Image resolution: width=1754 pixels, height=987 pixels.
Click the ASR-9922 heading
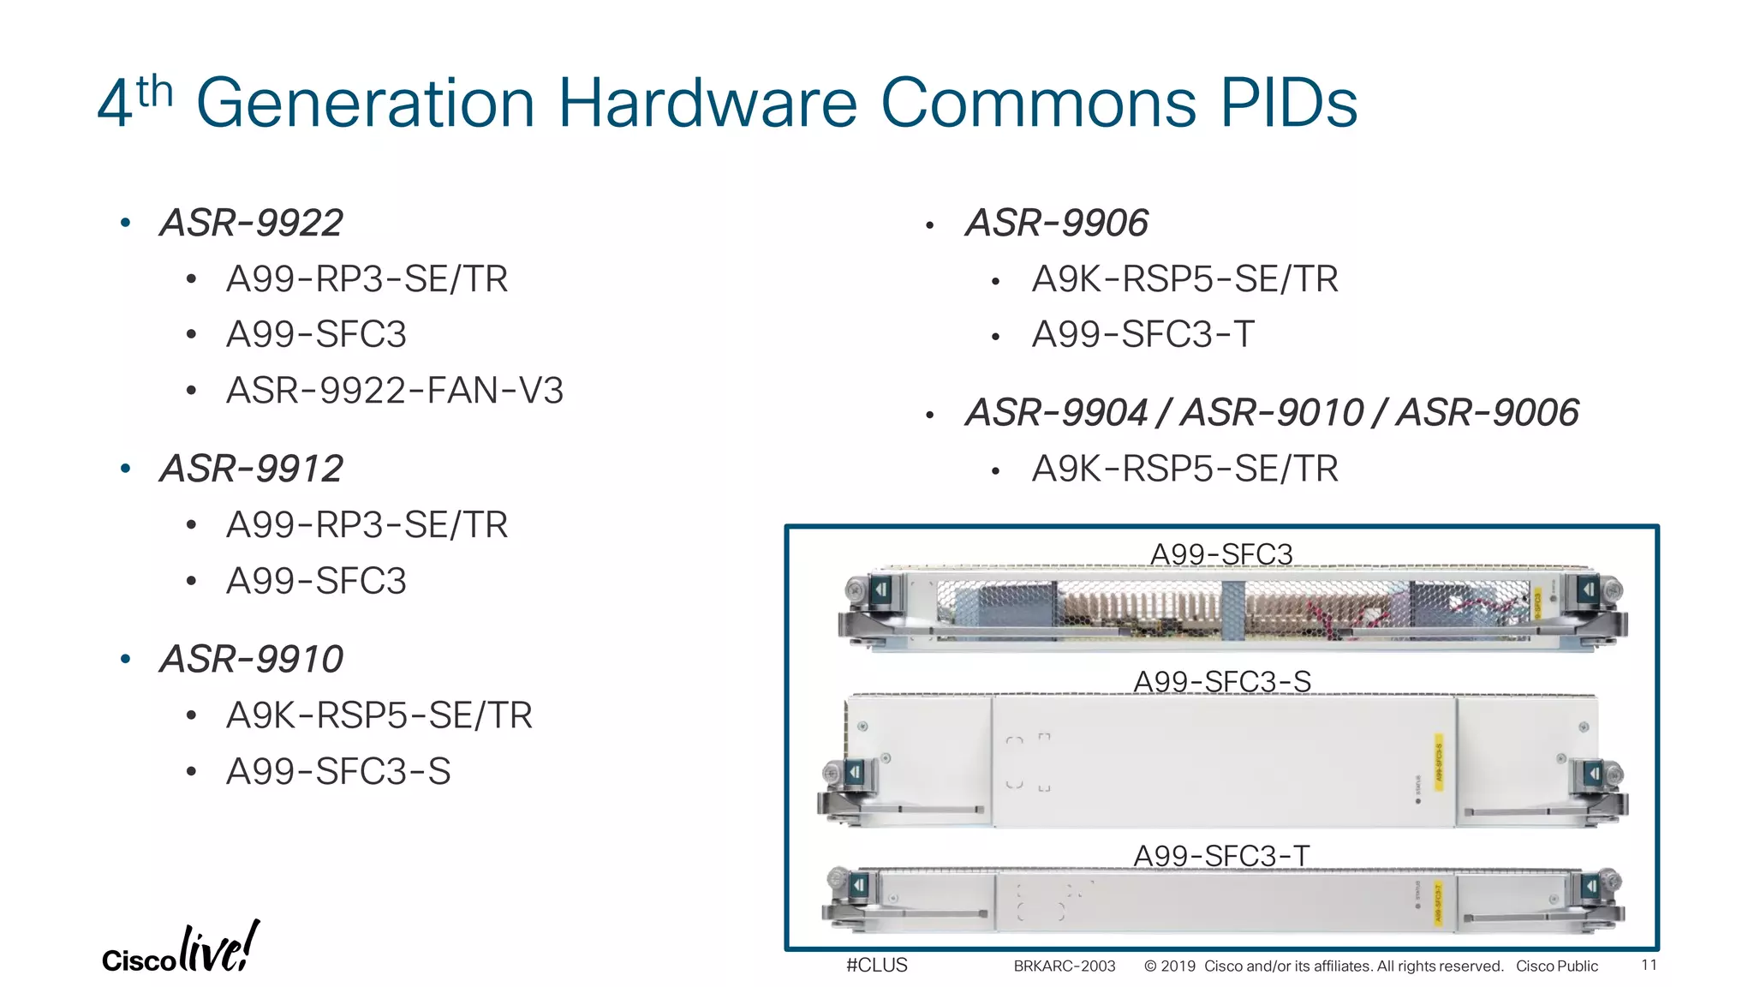(251, 223)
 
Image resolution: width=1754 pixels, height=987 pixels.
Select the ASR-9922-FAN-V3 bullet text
(395, 391)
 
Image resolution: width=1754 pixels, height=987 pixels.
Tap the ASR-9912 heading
(251, 469)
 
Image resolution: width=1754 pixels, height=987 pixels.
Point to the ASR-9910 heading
(251, 659)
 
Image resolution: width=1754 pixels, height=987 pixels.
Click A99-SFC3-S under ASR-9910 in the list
(338, 771)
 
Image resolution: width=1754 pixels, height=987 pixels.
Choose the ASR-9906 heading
(1057, 223)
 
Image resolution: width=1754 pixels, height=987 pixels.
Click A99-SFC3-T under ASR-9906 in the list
(1143, 334)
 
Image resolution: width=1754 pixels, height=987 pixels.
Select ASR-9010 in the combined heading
(1272, 412)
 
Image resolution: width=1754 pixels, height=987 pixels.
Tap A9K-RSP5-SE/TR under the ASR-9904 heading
(1184, 469)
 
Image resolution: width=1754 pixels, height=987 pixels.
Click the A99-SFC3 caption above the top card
(1221, 554)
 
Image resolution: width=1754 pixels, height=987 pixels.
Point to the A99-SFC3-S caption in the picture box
(1222, 681)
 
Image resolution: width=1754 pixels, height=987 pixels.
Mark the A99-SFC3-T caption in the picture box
(1221, 855)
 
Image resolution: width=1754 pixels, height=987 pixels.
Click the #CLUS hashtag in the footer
(876, 965)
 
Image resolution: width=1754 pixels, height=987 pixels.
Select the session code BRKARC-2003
(1065, 966)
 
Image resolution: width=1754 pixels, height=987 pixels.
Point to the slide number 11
(1649, 966)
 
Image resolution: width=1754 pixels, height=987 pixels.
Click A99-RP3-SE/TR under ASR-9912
(367, 524)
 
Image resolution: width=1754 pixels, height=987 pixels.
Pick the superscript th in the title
(155, 91)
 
